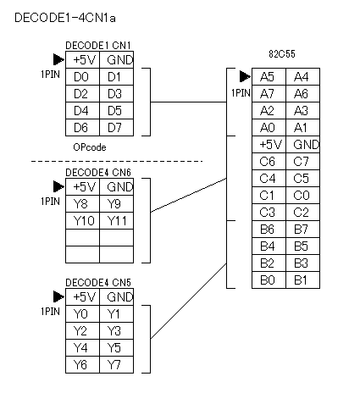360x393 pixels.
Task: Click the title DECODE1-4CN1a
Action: (x=65, y=18)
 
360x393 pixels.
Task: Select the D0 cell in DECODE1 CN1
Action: (x=82, y=76)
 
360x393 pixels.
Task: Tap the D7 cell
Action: (x=116, y=127)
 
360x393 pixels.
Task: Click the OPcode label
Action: (x=90, y=147)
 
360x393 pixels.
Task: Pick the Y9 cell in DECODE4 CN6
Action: (x=116, y=203)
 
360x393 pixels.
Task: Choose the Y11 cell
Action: (x=116, y=220)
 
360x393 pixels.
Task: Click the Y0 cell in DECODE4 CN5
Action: (x=82, y=313)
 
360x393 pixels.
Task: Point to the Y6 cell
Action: (x=82, y=364)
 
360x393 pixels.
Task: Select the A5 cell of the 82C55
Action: (x=269, y=76)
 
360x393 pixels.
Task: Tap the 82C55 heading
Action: (x=282, y=53)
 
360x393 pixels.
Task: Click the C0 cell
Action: (x=302, y=195)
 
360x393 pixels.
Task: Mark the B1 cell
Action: (x=302, y=280)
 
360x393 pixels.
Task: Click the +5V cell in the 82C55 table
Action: (x=269, y=144)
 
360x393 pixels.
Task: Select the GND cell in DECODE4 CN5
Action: (x=116, y=296)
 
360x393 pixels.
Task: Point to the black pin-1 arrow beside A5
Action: (x=245, y=76)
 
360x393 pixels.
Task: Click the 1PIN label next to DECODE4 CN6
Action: (x=50, y=202)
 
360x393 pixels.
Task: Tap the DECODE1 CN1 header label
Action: (x=98, y=46)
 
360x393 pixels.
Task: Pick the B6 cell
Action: (x=269, y=229)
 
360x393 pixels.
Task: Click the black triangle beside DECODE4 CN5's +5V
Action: (x=58, y=296)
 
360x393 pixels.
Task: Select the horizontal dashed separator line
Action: (x=117, y=161)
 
